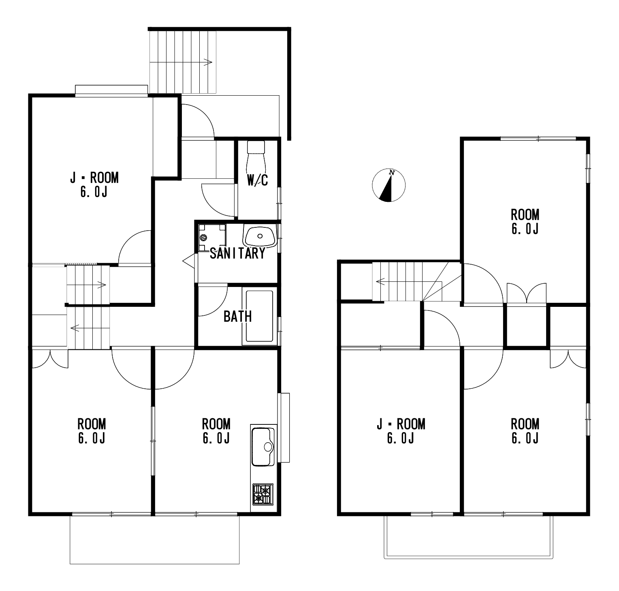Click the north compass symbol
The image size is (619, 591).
388,185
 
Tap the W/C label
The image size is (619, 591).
258,180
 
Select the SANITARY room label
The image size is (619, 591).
237,254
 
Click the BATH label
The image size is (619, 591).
237,317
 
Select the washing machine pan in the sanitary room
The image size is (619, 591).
212,237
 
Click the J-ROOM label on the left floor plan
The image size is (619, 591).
94,184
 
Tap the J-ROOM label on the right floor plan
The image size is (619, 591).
401,431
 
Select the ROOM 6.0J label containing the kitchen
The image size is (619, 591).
216,431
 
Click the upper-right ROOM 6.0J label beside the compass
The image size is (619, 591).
525,221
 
